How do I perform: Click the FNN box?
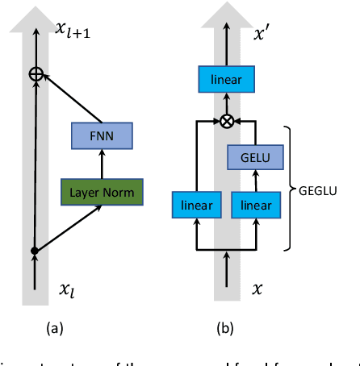point(102,136)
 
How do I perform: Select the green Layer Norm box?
point(102,192)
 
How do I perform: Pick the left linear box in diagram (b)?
point(197,205)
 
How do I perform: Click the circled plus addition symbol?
point(35,74)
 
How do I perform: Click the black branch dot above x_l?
point(35,251)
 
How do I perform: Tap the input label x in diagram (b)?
point(257,286)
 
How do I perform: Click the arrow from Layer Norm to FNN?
point(102,164)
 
